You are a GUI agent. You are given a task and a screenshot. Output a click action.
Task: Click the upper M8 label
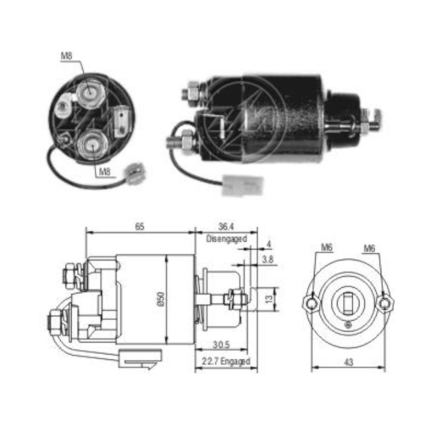pyautogui.click(x=66, y=56)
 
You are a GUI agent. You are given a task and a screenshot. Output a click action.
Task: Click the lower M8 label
pyautogui.click(x=104, y=172)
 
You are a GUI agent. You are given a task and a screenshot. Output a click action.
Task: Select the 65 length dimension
pyautogui.click(x=140, y=226)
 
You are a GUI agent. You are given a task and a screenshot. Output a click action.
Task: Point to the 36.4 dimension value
pyautogui.click(x=225, y=226)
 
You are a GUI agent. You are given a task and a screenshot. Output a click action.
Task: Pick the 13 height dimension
pyautogui.click(x=267, y=298)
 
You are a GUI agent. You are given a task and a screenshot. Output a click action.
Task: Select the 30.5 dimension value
pyautogui.click(x=220, y=344)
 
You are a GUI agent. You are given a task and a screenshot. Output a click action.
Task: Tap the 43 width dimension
pyautogui.click(x=348, y=362)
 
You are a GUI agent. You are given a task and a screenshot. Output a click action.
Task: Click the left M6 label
pyautogui.click(x=327, y=248)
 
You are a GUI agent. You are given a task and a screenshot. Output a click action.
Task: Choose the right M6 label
pyautogui.click(x=369, y=248)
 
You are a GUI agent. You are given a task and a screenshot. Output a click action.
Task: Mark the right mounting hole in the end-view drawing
pyautogui.click(x=383, y=303)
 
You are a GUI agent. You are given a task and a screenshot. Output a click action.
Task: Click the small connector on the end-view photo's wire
pyautogui.click(x=132, y=171)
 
